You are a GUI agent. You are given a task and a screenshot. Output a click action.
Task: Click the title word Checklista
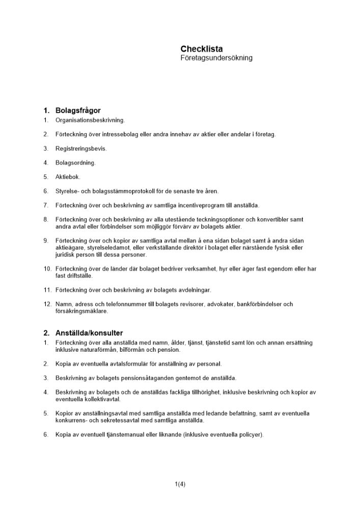click(x=202, y=49)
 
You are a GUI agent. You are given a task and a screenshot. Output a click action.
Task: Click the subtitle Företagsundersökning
click(x=216, y=58)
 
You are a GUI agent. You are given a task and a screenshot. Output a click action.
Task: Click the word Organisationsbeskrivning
click(x=90, y=120)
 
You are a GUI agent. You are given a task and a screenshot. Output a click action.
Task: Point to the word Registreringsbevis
click(x=81, y=149)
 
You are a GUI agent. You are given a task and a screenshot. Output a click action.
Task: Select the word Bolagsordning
click(x=75, y=163)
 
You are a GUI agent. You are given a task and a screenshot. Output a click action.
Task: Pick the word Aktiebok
click(x=68, y=177)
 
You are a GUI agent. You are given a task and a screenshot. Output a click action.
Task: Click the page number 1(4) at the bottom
click(x=180, y=484)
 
